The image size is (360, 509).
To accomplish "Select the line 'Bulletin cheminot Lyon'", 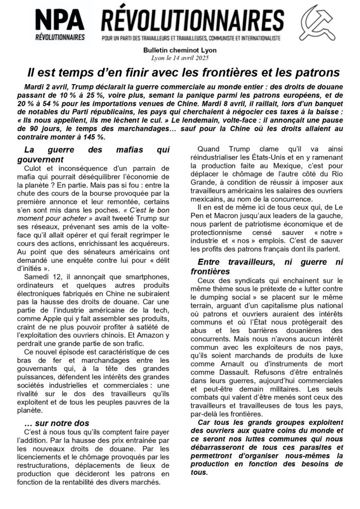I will pos(180,51).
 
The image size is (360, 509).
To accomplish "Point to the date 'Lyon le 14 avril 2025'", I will pos(180,58).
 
